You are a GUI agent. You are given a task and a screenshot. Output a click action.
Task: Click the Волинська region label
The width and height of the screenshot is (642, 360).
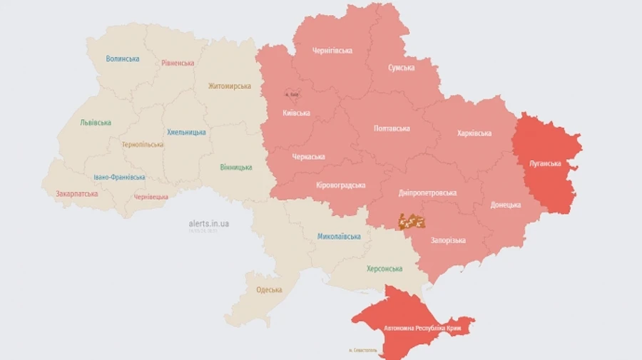coord(122,58)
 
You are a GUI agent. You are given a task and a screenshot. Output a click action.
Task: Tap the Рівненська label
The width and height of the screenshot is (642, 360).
coord(178,63)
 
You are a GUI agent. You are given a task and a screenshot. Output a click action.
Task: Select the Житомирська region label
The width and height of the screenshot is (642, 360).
coord(229,86)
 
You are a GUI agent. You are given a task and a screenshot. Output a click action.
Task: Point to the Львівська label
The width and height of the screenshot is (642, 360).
coord(96,123)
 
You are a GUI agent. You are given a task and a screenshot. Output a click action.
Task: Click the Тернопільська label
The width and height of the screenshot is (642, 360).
coord(142,144)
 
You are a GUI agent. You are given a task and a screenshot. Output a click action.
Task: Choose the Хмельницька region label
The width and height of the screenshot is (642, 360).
coord(186,132)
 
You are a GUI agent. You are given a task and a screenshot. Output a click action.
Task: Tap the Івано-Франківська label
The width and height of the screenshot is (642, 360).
coord(119,177)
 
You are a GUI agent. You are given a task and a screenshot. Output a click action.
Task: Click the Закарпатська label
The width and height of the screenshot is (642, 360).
coord(77,193)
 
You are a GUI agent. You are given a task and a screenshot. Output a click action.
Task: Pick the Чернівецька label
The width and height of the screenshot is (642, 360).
coord(151,197)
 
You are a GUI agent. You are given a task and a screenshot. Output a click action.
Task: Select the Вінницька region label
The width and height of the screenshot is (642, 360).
coord(235,167)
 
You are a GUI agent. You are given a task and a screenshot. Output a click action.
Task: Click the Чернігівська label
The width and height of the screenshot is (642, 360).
coord(332,51)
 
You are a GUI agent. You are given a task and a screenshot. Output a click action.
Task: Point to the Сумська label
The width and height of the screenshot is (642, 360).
coord(401,68)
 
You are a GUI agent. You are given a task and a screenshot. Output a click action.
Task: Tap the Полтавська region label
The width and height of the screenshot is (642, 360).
coord(392,128)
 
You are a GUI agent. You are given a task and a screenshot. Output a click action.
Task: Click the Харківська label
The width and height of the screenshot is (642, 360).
coord(474,133)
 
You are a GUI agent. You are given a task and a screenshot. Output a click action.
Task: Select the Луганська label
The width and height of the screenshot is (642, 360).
coord(545,163)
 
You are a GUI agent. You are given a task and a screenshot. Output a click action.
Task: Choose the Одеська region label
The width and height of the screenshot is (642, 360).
coord(269,289)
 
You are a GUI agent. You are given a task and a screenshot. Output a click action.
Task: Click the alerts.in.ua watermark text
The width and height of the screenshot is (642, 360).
coord(208,223)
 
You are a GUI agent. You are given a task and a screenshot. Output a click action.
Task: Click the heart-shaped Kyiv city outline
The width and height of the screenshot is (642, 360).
coord(291,93)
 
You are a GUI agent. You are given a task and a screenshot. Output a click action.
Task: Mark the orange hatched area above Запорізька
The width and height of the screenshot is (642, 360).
coord(412,221)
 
